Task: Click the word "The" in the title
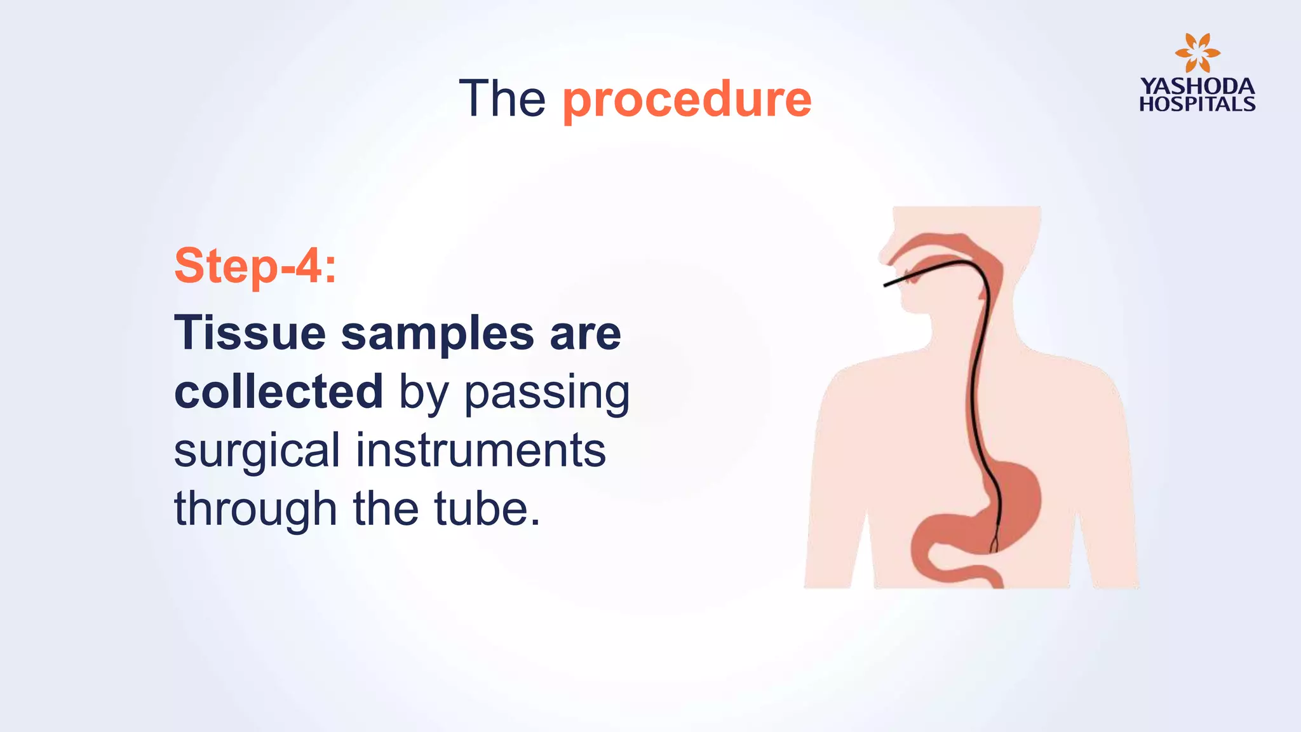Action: (x=502, y=99)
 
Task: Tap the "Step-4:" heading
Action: (x=255, y=266)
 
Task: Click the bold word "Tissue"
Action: (x=250, y=333)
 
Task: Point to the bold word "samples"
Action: (x=438, y=334)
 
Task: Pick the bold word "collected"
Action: (x=278, y=391)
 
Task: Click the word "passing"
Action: (x=547, y=394)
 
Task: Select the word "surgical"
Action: (x=257, y=451)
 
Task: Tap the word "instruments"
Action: (x=480, y=451)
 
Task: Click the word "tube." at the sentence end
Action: (x=487, y=509)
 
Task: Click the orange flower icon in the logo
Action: (x=1197, y=53)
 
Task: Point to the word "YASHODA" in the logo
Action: (x=1197, y=86)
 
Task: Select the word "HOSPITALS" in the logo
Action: (x=1197, y=104)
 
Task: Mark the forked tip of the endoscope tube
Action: (x=995, y=544)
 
